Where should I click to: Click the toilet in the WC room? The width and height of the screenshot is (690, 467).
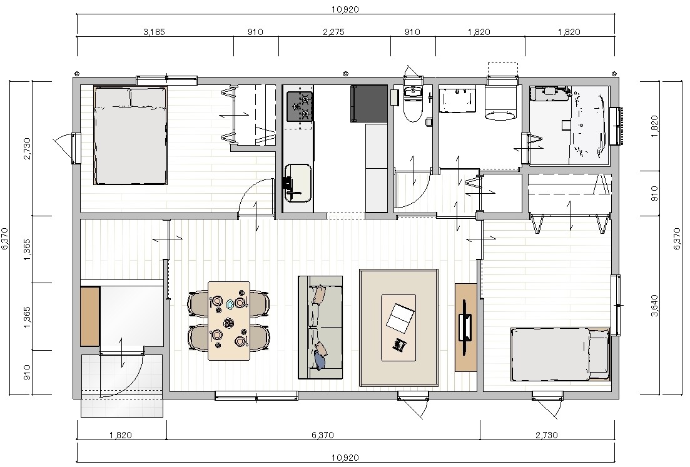(x=413, y=103)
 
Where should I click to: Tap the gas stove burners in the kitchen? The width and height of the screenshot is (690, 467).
(x=300, y=106)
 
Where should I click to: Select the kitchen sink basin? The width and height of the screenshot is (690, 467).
(x=298, y=183)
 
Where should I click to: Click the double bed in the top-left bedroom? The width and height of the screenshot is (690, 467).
(x=131, y=135)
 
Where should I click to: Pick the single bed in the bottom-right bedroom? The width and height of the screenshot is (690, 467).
(x=561, y=354)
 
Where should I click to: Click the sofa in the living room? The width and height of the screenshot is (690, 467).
(x=320, y=327)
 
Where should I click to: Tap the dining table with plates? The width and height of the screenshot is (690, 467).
(x=229, y=321)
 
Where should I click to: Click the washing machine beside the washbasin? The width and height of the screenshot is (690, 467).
(x=501, y=102)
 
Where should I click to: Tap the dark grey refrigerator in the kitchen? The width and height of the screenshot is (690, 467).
(x=368, y=103)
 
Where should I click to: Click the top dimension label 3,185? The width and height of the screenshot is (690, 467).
(x=155, y=32)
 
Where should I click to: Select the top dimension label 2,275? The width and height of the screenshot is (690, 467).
(x=333, y=32)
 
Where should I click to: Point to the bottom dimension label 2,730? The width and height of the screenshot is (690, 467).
(x=547, y=435)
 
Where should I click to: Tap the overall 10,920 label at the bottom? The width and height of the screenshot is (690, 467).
(x=345, y=458)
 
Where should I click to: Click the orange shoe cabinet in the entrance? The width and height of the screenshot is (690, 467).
(x=90, y=316)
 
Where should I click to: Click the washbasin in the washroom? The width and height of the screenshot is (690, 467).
(x=458, y=99)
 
